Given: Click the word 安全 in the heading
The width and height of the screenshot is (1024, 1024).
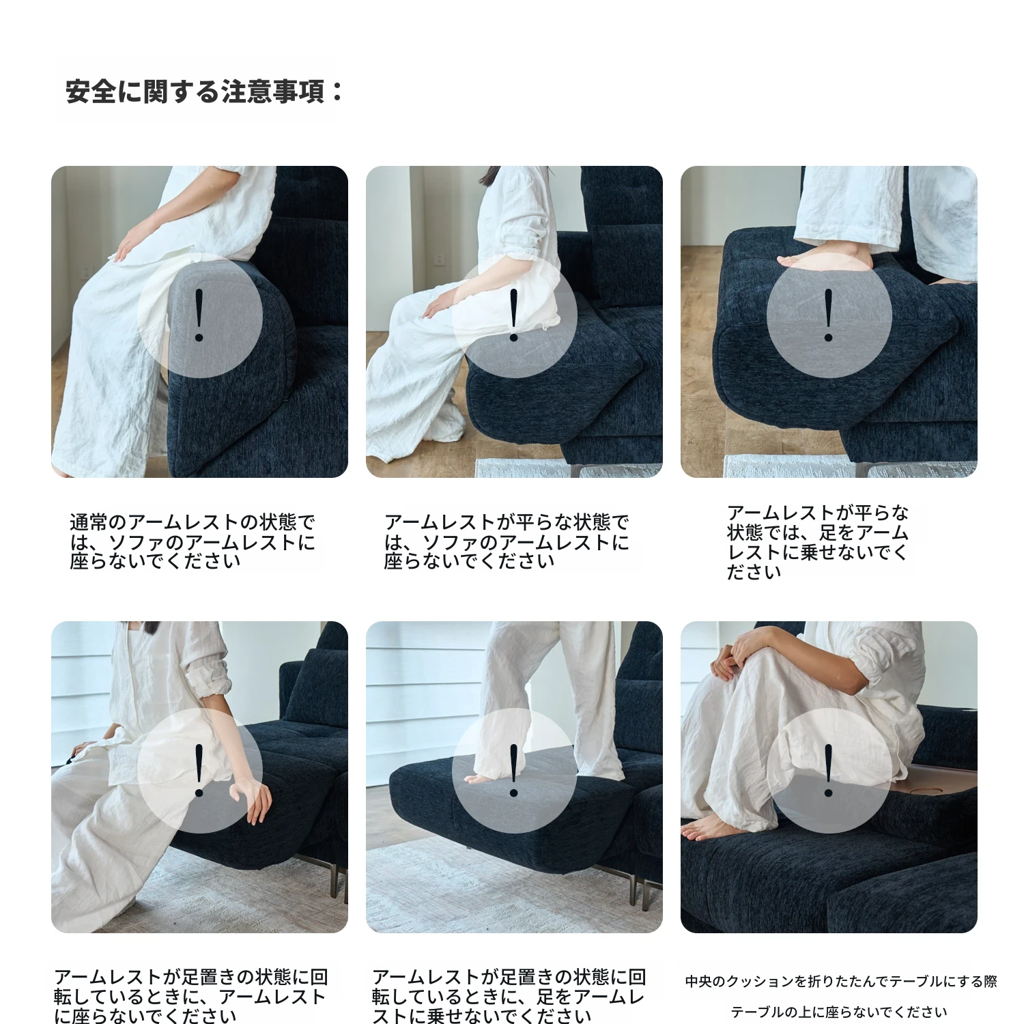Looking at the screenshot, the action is (x=91, y=91).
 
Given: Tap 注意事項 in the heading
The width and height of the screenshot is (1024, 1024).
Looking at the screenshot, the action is (x=273, y=91).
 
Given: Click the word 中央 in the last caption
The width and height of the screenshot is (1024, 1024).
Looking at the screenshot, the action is (x=698, y=982).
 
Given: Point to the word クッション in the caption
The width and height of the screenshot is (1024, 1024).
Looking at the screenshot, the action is (x=760, y=982).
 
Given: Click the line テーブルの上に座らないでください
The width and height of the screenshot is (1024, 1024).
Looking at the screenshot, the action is (x=839, y=1012).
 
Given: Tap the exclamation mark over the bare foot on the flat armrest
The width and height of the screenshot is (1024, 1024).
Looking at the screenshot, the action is (x=829, y=315).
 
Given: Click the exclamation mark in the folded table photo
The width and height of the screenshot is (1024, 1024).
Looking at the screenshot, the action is (x=829, y=771).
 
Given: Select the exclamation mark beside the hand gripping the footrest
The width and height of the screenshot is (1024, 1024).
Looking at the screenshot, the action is (x=199, y=771).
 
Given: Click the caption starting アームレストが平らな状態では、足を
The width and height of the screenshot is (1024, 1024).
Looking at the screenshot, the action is (x=818, y=543).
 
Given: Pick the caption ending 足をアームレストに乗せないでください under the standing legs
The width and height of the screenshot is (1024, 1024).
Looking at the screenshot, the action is (x=509, y=997).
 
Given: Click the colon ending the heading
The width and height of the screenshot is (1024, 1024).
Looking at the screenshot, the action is (x=337, y=91).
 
